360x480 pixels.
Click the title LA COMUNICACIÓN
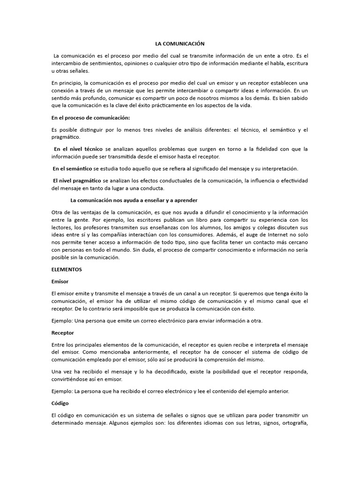[180, 43]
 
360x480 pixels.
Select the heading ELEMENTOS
[67, 270]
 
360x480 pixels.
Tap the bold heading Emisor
[60, 281]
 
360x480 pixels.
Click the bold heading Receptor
[62, 332]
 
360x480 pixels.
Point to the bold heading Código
[60, 403]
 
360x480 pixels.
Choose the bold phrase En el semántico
[73, 168]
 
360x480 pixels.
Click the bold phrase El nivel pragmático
[77, 180]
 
